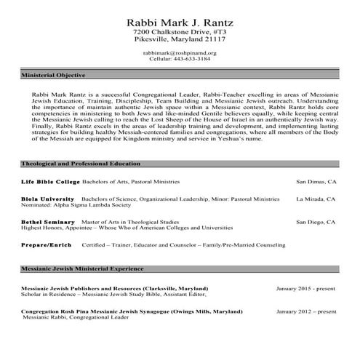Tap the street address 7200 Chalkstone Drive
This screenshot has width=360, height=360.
(180, 33)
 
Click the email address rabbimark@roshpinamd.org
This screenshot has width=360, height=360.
(180, 53)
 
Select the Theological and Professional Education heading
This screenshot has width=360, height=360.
(80, 164)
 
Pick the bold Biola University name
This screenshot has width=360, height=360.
(47, 198)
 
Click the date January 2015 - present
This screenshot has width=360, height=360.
(306, 288)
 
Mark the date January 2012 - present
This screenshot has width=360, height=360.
(306, 311)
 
